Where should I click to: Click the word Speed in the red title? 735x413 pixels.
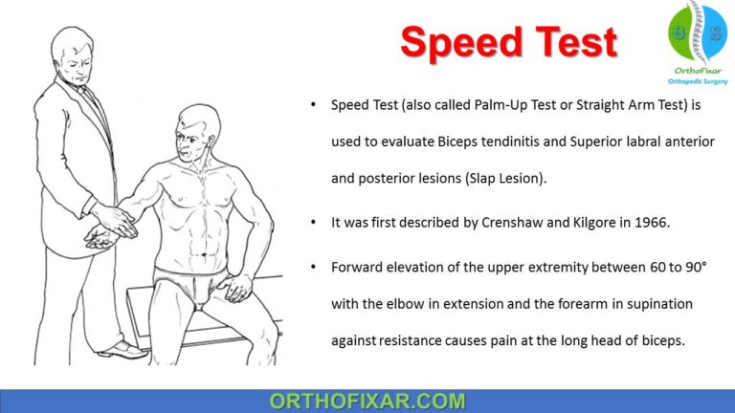click(x=453, y=42)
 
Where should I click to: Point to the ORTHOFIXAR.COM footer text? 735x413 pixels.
click(x=367, y=401)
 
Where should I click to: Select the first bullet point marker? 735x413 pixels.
click(x=315, y=104)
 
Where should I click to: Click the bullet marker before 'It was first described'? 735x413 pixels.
click(x=315, y=221)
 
